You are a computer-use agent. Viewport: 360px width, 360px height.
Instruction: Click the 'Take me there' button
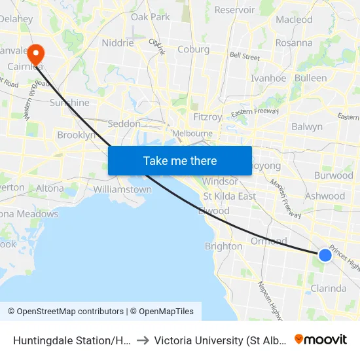click(x=180, y=160)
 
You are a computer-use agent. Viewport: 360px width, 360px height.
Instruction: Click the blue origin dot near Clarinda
click(x=325, y=255)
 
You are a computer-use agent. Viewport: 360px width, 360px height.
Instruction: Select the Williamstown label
click(x=122, y=189)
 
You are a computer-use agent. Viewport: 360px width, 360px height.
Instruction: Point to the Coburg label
click(x=194, y=49)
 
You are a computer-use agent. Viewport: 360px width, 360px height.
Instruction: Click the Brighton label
click(x=223, y=246)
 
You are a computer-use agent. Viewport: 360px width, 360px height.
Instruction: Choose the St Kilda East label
click(x=229, y=196)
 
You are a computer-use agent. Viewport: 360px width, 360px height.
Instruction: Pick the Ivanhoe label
click(x=268, y=78)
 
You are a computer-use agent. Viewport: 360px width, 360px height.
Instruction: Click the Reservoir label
click(x=234, y=10)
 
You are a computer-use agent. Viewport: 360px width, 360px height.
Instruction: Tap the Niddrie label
click(x=118, y=43)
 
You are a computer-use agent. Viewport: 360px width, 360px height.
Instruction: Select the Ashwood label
click(x=325, y=196)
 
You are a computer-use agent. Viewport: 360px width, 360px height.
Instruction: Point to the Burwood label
click(x=334, y=175)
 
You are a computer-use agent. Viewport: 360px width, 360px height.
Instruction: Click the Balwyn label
click(x=307, y=126)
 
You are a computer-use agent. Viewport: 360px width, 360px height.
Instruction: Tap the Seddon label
click(x=124, y=124)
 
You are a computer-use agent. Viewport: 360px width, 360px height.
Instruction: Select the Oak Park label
click(x=150, y=17)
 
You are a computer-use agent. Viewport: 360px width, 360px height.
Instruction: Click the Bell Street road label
click(x=244, y=57)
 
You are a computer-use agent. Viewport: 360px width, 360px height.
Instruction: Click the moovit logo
click(x=321, y=339)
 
